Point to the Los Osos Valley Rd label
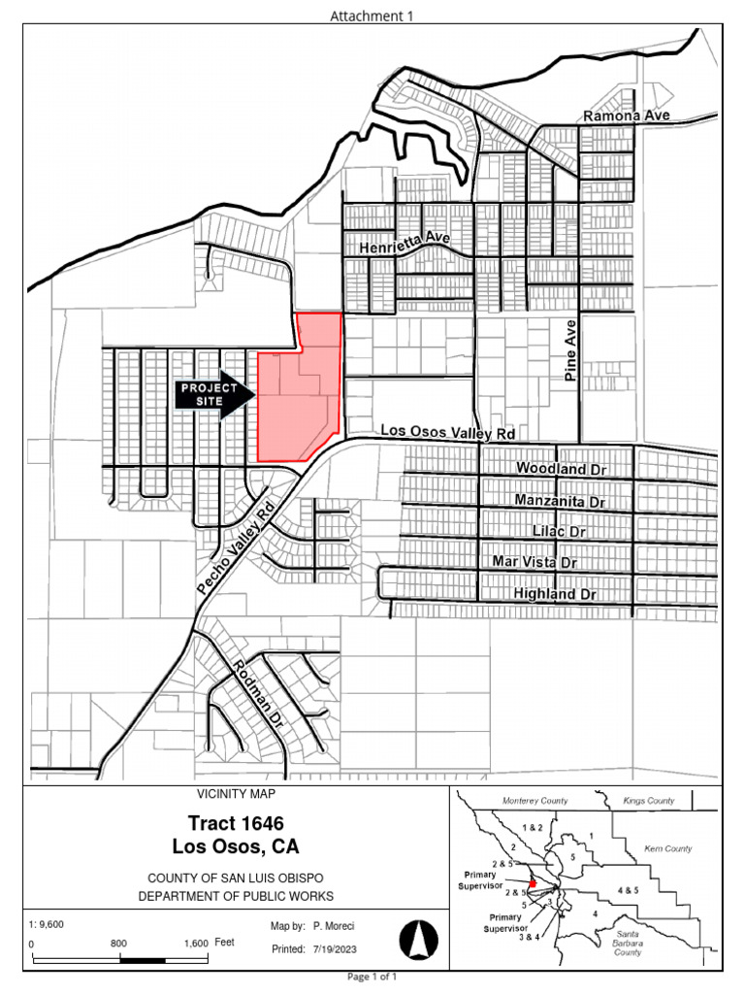(x=446, y=430)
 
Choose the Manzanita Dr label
(x=560, y=502)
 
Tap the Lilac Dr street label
(x=560, y=532)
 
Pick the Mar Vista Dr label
(x=534, y=562)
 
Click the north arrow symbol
(x=419, y=940)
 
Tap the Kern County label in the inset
(x=668, y=848)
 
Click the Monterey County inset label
(x=534, y=801)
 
